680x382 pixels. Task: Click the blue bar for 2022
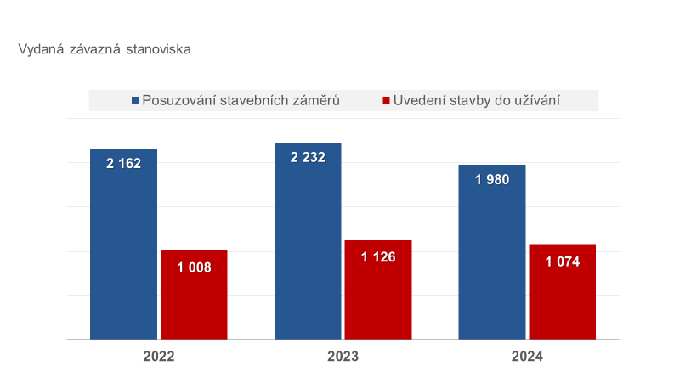point(124,255)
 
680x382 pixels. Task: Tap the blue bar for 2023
point(308,255)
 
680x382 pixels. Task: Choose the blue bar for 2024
point(491,263)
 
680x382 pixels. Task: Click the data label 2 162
point(124,163)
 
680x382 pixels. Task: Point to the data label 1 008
point(194,267)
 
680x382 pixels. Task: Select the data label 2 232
point(308,157)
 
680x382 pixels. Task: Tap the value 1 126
point(377,257)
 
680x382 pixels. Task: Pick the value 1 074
point(562,261)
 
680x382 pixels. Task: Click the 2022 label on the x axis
point(158,357)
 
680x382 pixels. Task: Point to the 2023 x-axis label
point(343,357)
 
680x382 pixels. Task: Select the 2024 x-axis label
point(527,357)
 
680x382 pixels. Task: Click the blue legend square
point(135,101)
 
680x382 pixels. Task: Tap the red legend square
point(387,101)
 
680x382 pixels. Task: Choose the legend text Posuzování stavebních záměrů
point(241,101)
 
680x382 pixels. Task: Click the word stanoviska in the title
point(157,49)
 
